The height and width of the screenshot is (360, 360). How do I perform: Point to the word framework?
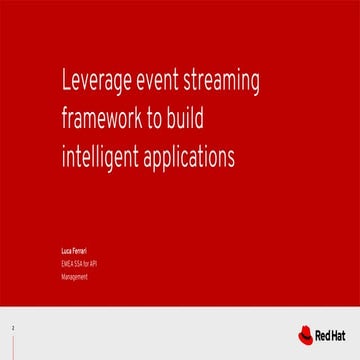coord(116,120)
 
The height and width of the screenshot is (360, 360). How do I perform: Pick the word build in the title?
coord(194,120)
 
